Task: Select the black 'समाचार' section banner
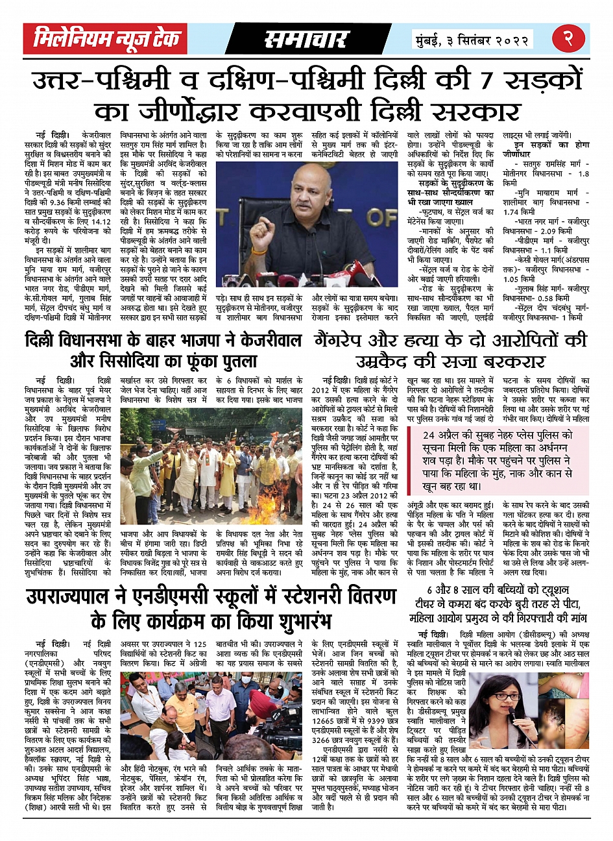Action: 306,40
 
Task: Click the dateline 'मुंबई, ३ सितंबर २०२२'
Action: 473,40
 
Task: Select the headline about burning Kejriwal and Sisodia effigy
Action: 163,350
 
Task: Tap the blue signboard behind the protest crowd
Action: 158,425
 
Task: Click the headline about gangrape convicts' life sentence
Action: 451,350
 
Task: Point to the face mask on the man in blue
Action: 247,680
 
